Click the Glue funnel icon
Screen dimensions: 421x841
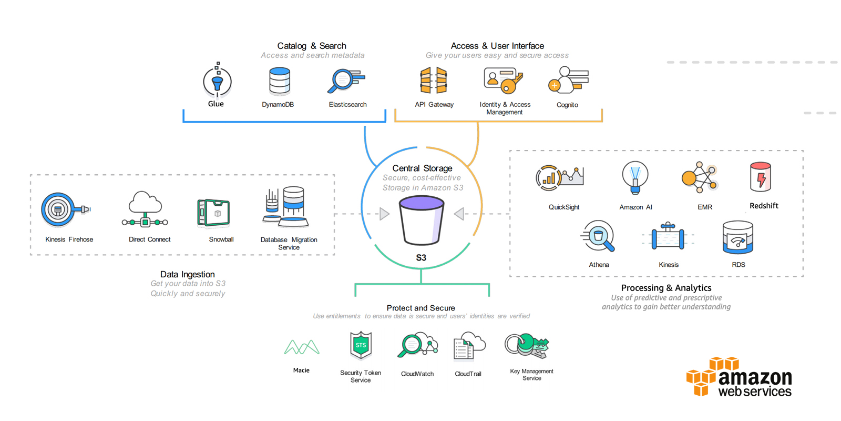pyautogui.click(x=217, y=82)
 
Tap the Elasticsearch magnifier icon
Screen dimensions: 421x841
pyautogui.click(x=345, y=81)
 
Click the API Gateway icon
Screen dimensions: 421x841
pyautogui.click(x=434, y=81)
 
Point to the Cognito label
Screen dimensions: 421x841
pyautogui.click(x=567, y=105)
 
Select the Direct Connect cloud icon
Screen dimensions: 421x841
pyautogui.click(x=145, y=209)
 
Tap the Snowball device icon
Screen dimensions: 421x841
pyautogui.click(x=213, y=213)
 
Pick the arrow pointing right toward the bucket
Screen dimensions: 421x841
pyautogui.click(x=384, y=214)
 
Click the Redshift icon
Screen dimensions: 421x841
pyautogui.click(x=761, y=177)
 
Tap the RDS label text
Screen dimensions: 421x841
pyautogui.click(x=738, y=265)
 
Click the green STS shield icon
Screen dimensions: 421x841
pyautogui.click(x=361, y=345)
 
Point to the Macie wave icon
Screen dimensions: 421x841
pyautogui.click(x=302, y=347)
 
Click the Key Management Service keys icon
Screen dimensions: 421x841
pyautogui.click(x=527, y=346)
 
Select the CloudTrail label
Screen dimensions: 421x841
pyautogui.click(x=468, y=374)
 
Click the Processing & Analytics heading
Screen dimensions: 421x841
pyautogui.click(x=666, y=288)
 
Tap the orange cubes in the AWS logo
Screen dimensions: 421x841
pyautogui.click(x=711, y=375)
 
